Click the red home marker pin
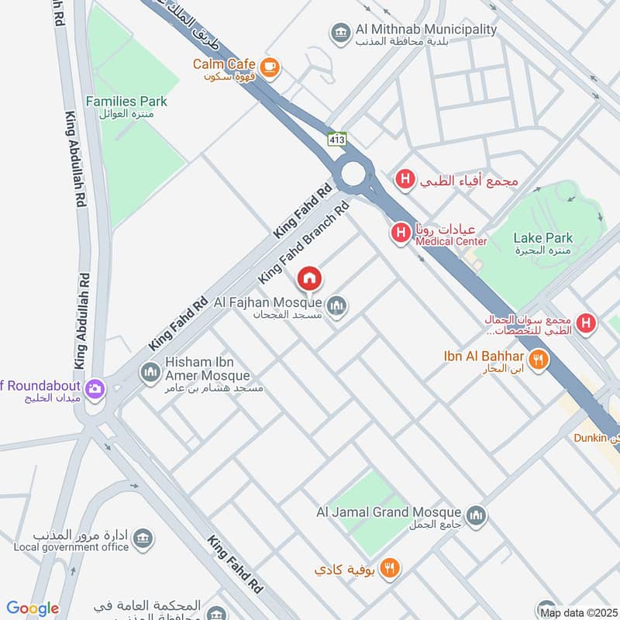[309, 277]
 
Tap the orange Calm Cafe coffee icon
[270, 67]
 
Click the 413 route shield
[336, 139]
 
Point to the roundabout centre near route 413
[353, 174]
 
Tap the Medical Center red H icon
[400, 231]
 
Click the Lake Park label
[542, 238]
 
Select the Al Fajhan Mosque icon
[336, 307]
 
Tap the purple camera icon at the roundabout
[95, 388]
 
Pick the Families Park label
[126, 102]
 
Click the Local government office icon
[142, 538]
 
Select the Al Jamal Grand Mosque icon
[477, 515]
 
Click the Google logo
[33, 608]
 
